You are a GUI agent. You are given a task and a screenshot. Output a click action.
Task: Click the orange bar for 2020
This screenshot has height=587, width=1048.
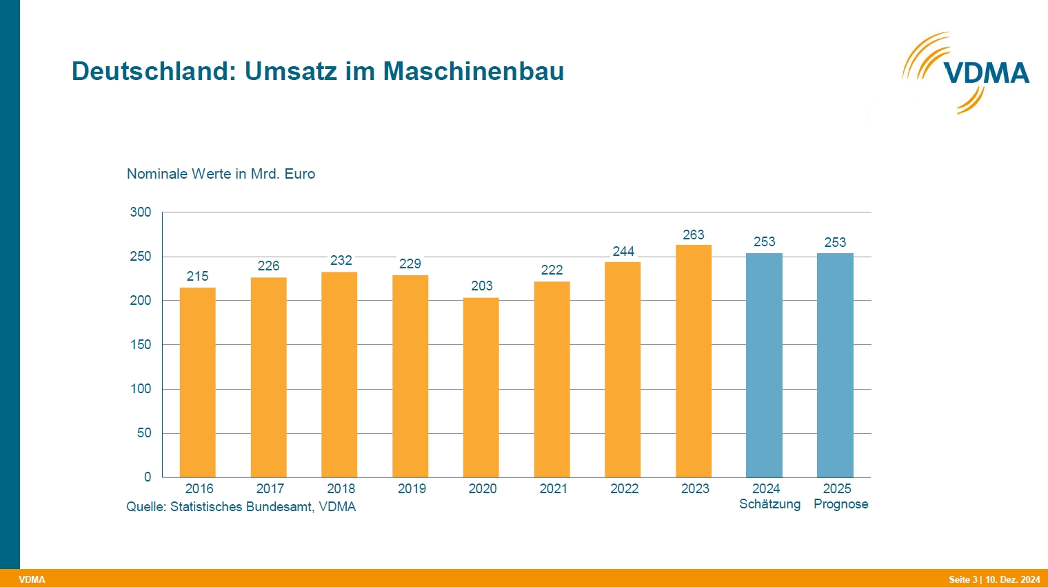coord(481,387)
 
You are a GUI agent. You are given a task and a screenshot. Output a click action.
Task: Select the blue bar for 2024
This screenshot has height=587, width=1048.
coord(764,365)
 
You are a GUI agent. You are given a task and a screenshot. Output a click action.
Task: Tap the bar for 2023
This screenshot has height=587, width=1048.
coord(694,361)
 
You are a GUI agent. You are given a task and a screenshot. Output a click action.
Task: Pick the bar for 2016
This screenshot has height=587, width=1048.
coord(197,382)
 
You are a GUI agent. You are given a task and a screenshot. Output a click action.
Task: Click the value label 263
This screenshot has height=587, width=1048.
coord(694,235)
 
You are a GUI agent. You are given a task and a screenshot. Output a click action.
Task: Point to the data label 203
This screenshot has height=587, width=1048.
coord(482,286)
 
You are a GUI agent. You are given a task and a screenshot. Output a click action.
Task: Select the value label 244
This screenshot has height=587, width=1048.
coord(623,251)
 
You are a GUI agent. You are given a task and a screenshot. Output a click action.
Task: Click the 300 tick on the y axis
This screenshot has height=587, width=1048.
coord(141,212)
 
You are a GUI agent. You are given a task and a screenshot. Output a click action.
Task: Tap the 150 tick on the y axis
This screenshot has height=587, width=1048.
coord(141,344)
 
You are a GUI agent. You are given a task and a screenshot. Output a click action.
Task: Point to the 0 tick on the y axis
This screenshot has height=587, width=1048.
coord(148,477)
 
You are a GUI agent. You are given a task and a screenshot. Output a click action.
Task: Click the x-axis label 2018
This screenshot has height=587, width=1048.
coord(341,488)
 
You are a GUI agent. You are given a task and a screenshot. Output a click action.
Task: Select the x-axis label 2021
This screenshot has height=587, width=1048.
coord(554,488)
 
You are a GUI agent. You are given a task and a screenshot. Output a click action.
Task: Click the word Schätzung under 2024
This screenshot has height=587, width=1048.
coord(769,504)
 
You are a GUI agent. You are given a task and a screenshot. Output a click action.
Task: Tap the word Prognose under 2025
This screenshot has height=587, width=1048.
coord(840,504)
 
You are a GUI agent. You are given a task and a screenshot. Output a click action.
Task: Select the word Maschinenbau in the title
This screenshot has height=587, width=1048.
coord(474,71)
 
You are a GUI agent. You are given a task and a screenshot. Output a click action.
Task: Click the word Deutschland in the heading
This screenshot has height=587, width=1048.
coord(154,71)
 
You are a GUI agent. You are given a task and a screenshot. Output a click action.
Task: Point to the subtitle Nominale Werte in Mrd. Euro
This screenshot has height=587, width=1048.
coord(221,174)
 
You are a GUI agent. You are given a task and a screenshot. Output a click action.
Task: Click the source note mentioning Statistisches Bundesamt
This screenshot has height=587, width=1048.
coord(241,506)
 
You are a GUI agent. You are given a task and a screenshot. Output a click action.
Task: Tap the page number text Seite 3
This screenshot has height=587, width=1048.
coord(963,579)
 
